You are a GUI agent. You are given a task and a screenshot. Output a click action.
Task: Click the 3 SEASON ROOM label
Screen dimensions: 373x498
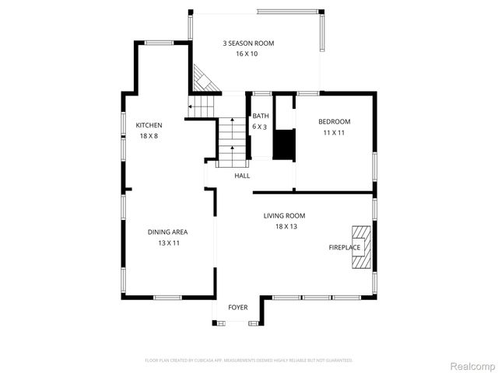(248, 44)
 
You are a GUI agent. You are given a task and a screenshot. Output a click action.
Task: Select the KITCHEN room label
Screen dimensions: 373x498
(149, 125)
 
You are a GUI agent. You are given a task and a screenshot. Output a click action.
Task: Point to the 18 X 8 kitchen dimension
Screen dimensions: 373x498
(149, 136)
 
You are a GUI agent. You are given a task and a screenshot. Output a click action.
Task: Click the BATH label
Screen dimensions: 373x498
(260, 116)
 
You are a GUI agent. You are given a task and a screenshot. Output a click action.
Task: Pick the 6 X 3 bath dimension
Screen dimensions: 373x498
(259, 126)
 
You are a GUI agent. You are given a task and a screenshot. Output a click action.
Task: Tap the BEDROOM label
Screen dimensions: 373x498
(335, 121)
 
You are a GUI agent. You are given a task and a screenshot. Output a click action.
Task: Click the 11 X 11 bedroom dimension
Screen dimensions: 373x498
(334, 132)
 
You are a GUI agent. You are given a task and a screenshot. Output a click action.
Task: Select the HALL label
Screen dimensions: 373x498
(243, 176)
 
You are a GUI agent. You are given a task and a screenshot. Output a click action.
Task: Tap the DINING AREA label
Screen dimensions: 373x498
(168, 232)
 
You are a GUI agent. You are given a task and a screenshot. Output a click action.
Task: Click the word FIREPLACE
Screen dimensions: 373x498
(344, 248)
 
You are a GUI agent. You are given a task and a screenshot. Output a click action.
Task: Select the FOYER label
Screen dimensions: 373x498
(237, 308)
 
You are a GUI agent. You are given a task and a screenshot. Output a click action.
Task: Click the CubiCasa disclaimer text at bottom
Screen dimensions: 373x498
(249, 361)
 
